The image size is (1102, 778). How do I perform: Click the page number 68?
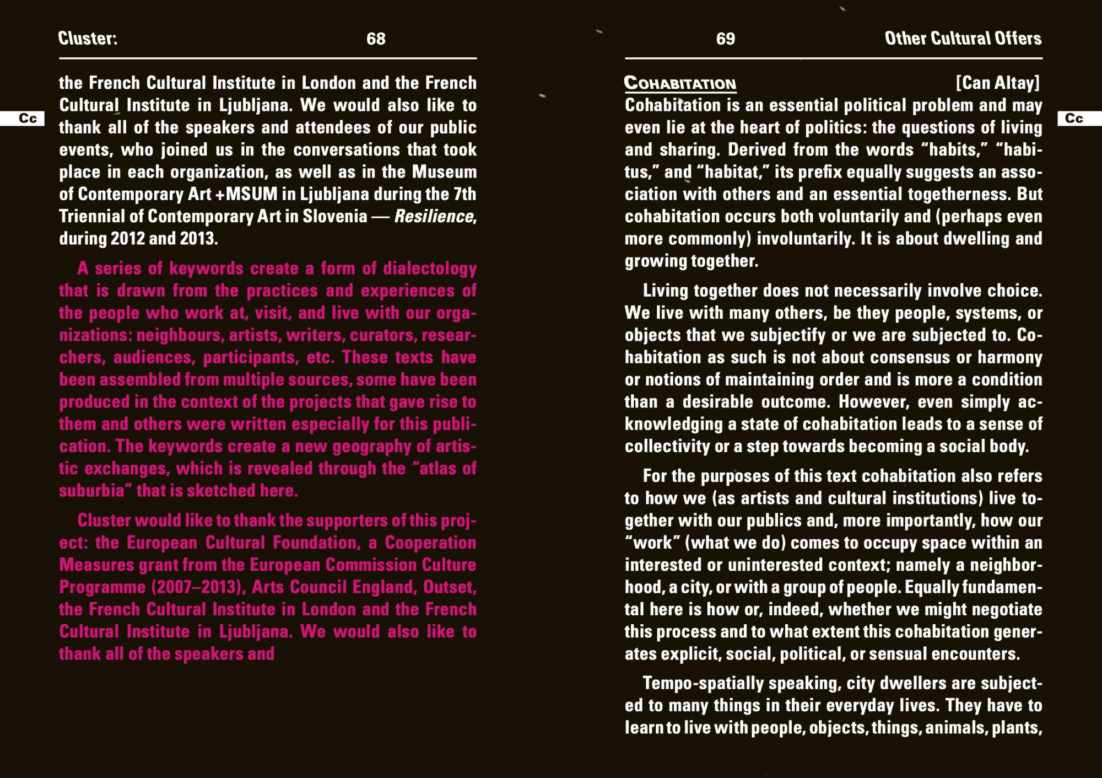pyautogui.click(x=376, y=39)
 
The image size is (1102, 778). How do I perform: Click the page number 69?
pyautogui.click(x=725, y=39)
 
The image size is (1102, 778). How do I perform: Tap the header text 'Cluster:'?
pyautogui.click(x=88, y=38)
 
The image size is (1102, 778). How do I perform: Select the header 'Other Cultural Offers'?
pyautogui.click(x=963, y=38)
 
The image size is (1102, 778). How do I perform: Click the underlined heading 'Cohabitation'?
pyautogui.click(x=680, y=83)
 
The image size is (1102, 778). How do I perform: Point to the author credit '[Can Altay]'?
pyautogui.click(x=997, y=83)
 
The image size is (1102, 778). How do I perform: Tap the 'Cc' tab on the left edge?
pyautogui.click(x=27, y=119)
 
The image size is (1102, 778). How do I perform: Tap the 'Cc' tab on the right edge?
pyautogui.click(x=1074, y=119)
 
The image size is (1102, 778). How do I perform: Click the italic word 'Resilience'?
pyautogui.click(x=434, y=216)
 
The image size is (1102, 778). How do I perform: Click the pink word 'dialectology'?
pyautogui.click(x=429, y=269)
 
